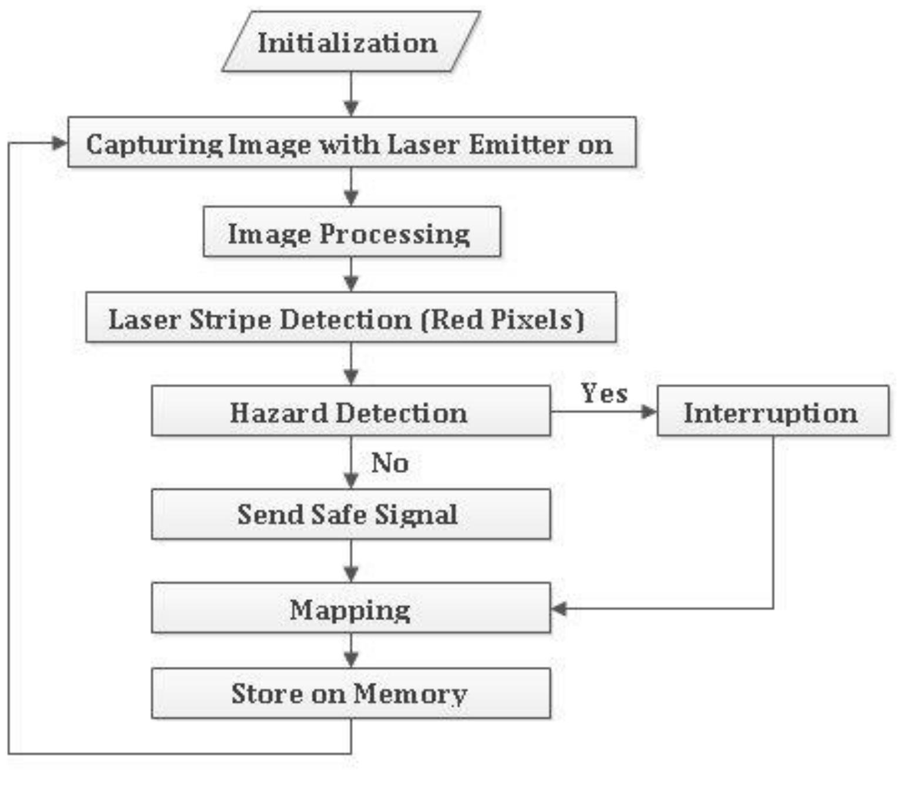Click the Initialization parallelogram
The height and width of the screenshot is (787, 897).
coord(350,42)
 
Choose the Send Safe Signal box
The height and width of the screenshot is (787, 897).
coord(350,514)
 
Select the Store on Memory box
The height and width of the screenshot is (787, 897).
coord(350,693)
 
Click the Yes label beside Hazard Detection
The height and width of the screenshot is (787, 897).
coord(604,393)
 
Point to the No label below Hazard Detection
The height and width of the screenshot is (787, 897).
coord(390,462)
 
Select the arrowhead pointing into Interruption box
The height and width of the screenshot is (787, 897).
coord(649,411)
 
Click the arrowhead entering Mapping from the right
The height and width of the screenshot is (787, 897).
coord(559,609)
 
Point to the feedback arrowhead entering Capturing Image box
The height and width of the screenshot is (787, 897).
coord(60,143)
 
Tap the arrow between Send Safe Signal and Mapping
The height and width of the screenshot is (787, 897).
coord(351,562)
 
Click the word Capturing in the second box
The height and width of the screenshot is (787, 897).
coord(154,144)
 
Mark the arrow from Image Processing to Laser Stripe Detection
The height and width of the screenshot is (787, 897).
coord(351,275)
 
